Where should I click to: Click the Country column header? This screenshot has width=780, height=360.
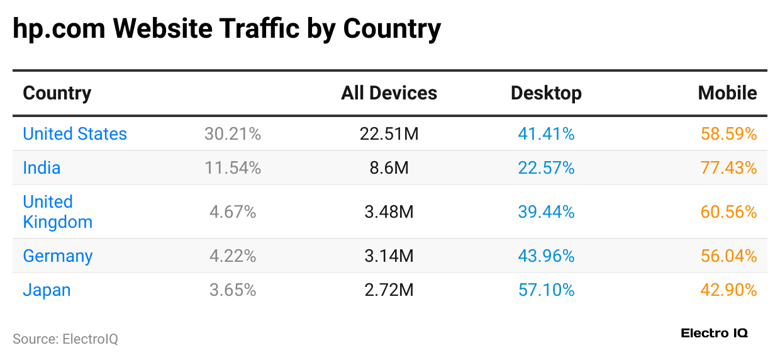point(57,93)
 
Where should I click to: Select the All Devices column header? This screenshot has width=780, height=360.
point(389,93)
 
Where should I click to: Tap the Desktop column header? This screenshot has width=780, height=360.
point(546,93)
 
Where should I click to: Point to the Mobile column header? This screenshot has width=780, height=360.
point(727,93)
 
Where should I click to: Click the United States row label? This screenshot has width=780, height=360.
point(75,134)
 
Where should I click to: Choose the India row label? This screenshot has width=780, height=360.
point(42,168)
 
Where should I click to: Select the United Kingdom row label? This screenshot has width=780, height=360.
point(57,212)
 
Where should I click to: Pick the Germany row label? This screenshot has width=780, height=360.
point(58,256)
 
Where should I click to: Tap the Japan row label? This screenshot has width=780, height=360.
point(47,290)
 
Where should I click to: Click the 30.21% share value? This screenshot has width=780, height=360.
point(233,134)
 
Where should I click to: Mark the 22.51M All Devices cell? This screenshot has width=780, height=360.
point(389,134)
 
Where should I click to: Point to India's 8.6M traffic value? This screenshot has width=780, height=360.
point(389,168)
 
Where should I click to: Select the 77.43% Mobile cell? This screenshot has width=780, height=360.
point(728,168)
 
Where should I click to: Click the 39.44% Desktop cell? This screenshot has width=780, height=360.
point(546,212)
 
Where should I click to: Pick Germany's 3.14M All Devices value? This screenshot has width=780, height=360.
point(389,256)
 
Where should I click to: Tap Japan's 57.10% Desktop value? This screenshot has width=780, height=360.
point(546,290)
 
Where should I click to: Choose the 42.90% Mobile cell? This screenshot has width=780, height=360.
point(728,290)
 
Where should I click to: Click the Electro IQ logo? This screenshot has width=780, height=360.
point(714,334)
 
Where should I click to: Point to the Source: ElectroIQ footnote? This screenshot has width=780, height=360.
point(65,339)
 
